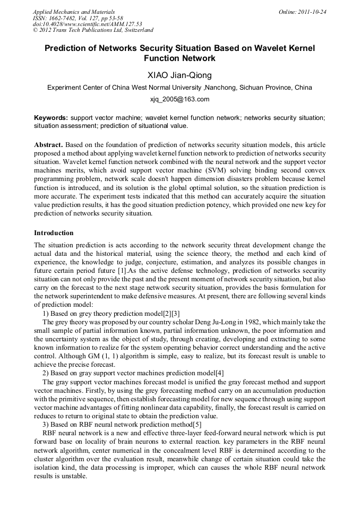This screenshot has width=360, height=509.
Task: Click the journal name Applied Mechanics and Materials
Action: [x=74, y=11]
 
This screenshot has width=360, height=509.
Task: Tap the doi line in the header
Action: [x=88, y=24]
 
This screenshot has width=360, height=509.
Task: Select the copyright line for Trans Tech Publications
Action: [x=93, y=30]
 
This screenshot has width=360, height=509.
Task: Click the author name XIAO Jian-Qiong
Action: [x=179, y=75]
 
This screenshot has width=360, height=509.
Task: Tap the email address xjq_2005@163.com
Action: [x=179, y=99]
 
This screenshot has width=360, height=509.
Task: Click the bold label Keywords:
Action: [x=51, y=117]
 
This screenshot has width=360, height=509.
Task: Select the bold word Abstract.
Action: [x=49, y=145]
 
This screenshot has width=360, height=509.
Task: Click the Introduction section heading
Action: [x=54, y=233]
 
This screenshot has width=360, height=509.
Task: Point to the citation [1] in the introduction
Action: [x=121, y=271]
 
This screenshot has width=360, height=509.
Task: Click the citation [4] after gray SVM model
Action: [x=220, y=373]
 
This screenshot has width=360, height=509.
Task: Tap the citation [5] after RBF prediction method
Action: [x=198, y=425]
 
